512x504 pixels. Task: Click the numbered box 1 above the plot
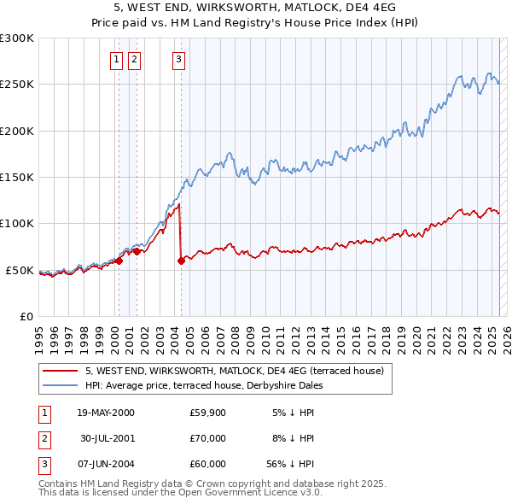tap(115, 59)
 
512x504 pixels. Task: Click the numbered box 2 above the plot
tap(135, 59)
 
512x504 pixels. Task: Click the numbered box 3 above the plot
tap(178, 59)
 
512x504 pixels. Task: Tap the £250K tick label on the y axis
tap(17, 85)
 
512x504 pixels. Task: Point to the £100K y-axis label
tap(17, 223)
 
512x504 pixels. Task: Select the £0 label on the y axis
tap(26, 316)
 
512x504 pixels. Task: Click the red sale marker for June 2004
tap(181, 261)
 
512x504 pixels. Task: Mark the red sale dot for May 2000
tap(119, 261)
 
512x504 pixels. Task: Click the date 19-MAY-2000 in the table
tap(106, 413)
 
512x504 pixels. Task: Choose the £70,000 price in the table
tap(207, 438)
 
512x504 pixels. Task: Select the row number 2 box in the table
tap(44, 438)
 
